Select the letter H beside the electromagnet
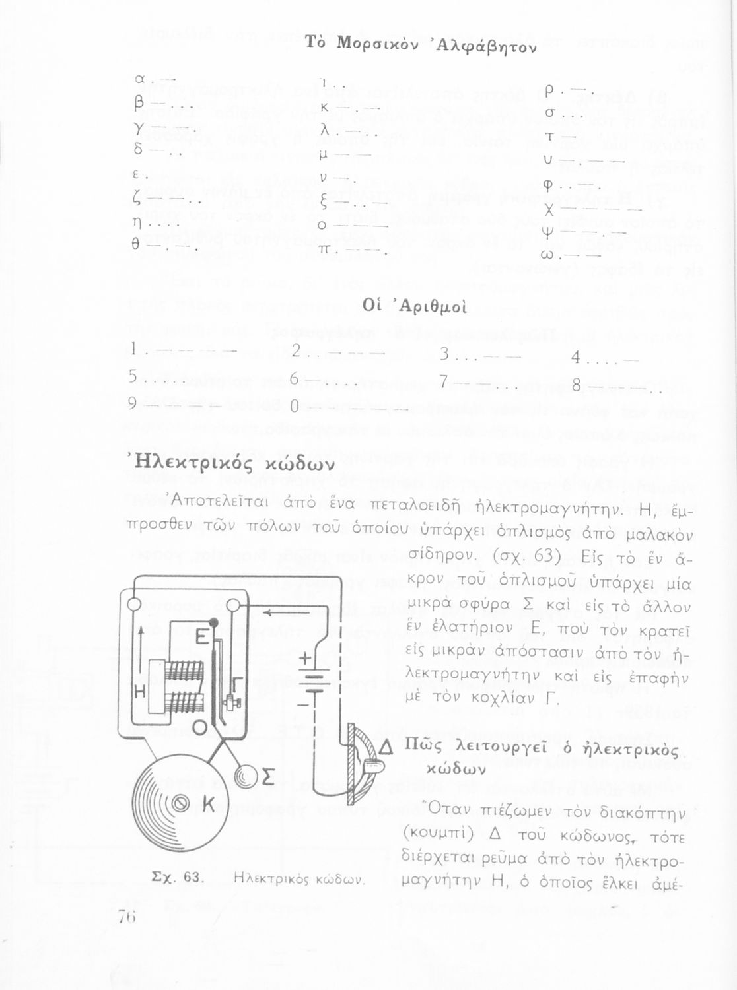point(140,691)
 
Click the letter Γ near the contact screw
point(238,682)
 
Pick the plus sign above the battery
point(305,659)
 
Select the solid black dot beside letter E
point(213,622)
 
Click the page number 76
point(127,916)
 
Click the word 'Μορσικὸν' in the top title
point(373,44)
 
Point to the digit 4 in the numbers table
point(576,358)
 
